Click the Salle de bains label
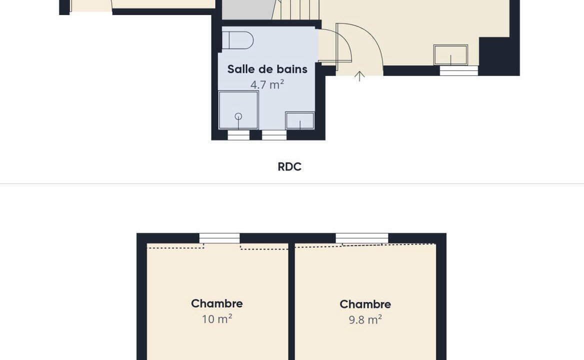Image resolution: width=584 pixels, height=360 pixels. pyautogui.click(x=267, y=69)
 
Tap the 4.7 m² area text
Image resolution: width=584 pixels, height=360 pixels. pyautogui.click(x=267, y=84)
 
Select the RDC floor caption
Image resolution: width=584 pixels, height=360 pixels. pyautogui.click(x=289, y=167)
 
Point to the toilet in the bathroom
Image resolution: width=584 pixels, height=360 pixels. pyautogui.click(x=237, y=40)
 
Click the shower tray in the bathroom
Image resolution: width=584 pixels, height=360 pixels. pyautogui.click(x=238, y=110)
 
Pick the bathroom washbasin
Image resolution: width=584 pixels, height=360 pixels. pyautogui.click(x=300, y=120)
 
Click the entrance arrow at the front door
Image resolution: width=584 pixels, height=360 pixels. pyautogui.click(x=359, y=76)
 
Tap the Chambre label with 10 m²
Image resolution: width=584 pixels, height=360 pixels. pyautogui.click(x=217, y=303)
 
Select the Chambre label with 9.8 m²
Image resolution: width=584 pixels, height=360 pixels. pyautogui.click(x=365, y=304)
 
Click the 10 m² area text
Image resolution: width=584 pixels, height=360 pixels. pyautogui.click(x=217, y=319)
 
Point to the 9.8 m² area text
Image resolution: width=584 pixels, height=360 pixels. pyautogui.click(x=365, y=320)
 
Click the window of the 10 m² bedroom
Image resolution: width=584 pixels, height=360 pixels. pyautogui.click(x=219, y=238)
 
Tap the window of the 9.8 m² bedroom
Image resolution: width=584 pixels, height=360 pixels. pyautogui.click(x=361, y=238)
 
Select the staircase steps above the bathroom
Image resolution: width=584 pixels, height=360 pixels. pyautogui.click(x=296, y=9)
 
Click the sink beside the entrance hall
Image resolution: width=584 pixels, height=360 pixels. pyautogui.click(x=450, y=55)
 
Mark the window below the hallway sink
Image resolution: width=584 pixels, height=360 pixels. pyautogui.click(x=459, y=70)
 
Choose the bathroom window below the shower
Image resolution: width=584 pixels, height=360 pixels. pyautogui.click(x=238, y=135)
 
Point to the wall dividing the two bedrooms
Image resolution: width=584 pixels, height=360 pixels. pyautogui.click(x=291, y=301)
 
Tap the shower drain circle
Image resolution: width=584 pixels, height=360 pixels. pyautogui.click(x=238, y=116)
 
